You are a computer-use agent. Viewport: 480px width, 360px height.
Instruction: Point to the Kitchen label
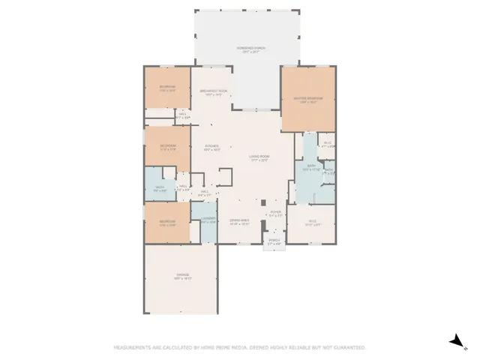[x=212, y=147]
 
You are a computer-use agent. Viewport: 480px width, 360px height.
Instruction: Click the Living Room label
[x=259, y=157]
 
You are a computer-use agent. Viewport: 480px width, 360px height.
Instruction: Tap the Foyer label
[x=275, y=214]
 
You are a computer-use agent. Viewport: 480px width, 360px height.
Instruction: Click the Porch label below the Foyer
[x=274, y=241]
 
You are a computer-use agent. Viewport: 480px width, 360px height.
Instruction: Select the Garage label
[x=183, y=276]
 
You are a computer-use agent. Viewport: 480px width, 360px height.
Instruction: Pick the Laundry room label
[x=208, y=220]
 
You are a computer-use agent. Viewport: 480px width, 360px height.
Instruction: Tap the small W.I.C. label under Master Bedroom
[x=327, y=144]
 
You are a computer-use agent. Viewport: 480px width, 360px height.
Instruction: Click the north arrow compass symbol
[x=455, y=341]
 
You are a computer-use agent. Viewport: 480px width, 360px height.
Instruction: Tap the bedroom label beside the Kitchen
[x=167, y=147]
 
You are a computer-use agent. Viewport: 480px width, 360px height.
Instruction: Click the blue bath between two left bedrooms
[x=159, y=188]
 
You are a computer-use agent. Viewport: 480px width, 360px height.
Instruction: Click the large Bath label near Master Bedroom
[x=310, y=167]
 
